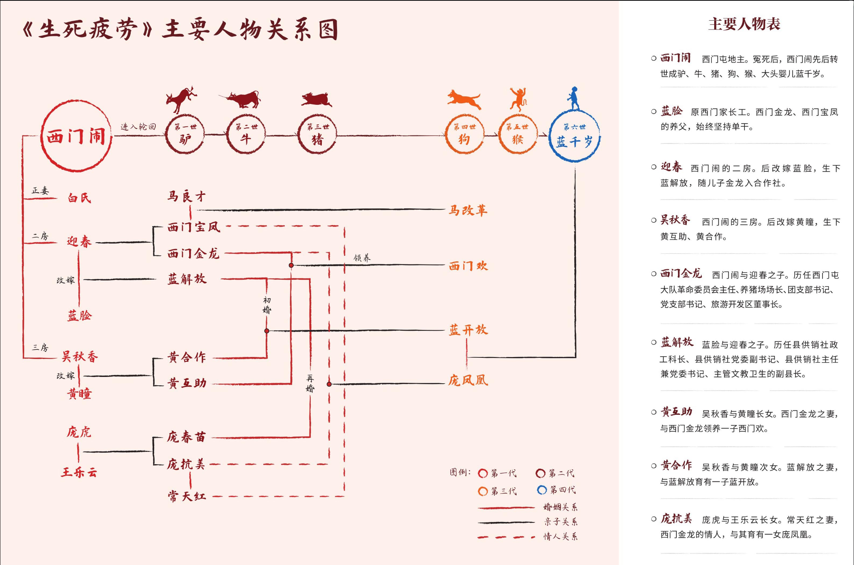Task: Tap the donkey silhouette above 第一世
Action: (x=181, y=99)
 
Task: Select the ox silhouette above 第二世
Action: (x=242, y=99)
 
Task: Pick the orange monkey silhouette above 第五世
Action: (x=518, y=98)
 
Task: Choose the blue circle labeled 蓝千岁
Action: (x=574, y=136)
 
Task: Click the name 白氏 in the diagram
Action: (x=79, y=198)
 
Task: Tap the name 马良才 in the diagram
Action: (x=186, y=196)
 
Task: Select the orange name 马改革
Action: (x=468, y=210)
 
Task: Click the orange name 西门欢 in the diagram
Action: (x=468, y=266)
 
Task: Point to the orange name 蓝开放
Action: (x=468, y=330)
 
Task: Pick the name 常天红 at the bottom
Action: (x=186, y=496)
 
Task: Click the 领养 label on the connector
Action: (x=362, y=258)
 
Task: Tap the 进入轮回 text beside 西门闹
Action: (x=138, y=127)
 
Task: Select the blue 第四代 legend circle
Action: (x=542, y=490)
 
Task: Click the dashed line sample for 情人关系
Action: (x=506, y=537)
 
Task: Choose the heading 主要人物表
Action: (x=744, y=24)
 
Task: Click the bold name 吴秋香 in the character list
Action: (x=675, y=220)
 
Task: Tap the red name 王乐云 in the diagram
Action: (x=79, y=473)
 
